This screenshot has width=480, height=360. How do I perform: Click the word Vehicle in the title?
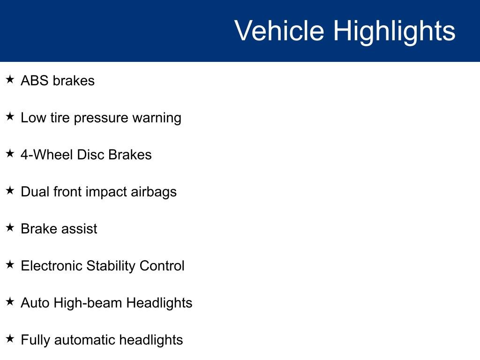coord(279,30)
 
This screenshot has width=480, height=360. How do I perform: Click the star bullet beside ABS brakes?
coord(10,79)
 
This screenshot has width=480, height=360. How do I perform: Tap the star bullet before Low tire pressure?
coord(10,116)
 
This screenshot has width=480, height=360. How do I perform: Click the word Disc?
coord(90,155)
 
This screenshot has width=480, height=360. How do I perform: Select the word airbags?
coord(154,193)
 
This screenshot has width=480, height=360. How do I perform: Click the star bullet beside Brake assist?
coord(10,227)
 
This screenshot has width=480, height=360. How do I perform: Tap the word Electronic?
coord(52,266)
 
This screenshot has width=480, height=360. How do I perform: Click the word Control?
coord(162,266)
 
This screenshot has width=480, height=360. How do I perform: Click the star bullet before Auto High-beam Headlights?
coord(10,301)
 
